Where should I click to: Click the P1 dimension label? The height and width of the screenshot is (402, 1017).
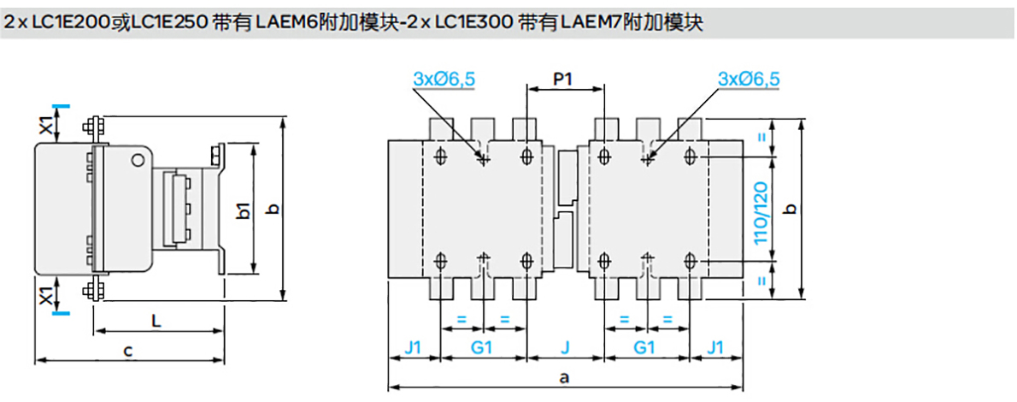pos(561,80)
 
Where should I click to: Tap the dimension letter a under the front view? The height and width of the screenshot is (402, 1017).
pos(563,376)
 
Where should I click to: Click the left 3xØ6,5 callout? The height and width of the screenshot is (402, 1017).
pos(444,79)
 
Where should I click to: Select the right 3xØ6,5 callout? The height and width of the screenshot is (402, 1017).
pos(749,79)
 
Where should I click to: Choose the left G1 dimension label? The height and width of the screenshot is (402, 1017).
pos(483,347)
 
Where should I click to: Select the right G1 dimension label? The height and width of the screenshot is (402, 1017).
pos(645,347)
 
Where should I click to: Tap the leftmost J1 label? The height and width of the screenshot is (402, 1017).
pos(414,347)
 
